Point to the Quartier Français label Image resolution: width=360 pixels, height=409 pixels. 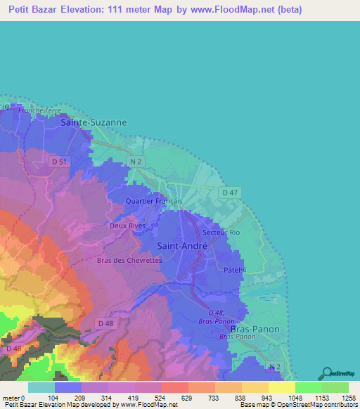click(x=153, y=201)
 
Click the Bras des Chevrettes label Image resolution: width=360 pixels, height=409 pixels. click(x=129, y=260)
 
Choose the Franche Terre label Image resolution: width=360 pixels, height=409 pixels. click(x=40, y=110)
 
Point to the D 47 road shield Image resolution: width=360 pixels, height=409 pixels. click(x=229, y=192)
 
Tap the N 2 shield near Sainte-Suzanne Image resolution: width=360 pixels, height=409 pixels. click(x=136, y=162)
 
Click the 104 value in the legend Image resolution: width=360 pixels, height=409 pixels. click(x=53, y=397)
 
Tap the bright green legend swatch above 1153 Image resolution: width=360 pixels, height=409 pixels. click(x=308, y=387)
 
